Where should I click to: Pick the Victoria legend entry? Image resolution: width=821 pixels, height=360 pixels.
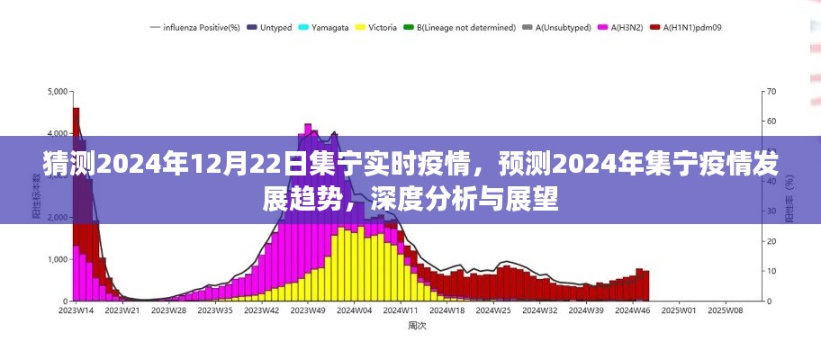click(379, 28)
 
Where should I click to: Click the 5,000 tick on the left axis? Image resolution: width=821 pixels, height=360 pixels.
click(56, 92)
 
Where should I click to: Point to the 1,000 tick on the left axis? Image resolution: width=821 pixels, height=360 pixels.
click(56, 260)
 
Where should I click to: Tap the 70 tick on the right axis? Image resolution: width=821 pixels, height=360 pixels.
click(771, 92)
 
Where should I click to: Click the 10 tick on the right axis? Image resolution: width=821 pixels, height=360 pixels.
click(771, 272)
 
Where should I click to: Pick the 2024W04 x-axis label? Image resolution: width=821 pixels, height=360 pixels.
click(355, 310)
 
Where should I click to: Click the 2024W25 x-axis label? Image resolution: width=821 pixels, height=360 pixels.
click(493, 310)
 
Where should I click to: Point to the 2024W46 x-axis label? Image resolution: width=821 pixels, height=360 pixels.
click(633, 310)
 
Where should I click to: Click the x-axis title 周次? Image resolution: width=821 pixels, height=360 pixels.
click(416, 326)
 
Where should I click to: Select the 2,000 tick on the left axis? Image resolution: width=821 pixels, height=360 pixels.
click(56, 218)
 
